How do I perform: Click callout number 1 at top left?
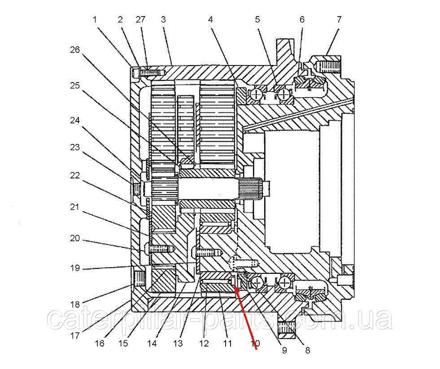[95, 19]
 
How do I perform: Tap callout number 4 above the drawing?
[210, 19]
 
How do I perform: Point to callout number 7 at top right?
[339, 19]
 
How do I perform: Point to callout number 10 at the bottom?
[255, 344]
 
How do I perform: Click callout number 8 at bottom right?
[307, 350]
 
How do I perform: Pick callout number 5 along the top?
[257, 19]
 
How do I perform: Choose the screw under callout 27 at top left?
[151, 71]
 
